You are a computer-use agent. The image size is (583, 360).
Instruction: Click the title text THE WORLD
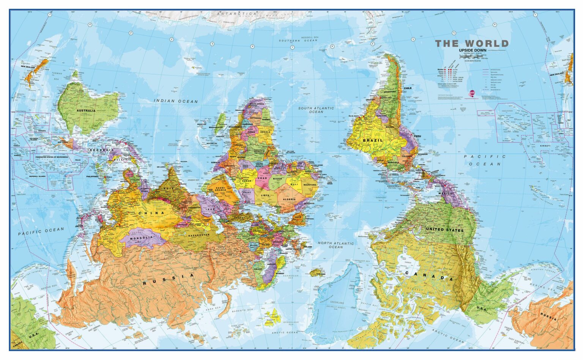click(x=471, y=43)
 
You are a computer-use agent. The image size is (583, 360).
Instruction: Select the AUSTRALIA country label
click(x=86, y=111)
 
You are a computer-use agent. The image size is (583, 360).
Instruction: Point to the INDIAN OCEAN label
click(x=176, y=101)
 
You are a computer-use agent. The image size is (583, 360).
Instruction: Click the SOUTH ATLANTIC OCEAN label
click(x=316, y=110)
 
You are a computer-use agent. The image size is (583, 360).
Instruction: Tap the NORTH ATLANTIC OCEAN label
click(x=336, y=245)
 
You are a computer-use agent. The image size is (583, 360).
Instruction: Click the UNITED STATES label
click(x=444, y=230)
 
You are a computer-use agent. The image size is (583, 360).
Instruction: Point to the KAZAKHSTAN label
click(x=199, y=235)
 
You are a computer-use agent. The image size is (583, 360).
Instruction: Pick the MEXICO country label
click(x=446, y=193)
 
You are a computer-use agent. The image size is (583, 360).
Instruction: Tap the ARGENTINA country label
click(x=389, y=92)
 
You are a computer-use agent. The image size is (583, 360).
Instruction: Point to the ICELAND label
click(x=320, y=274)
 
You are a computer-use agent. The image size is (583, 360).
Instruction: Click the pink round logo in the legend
click(x=472, y=92)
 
